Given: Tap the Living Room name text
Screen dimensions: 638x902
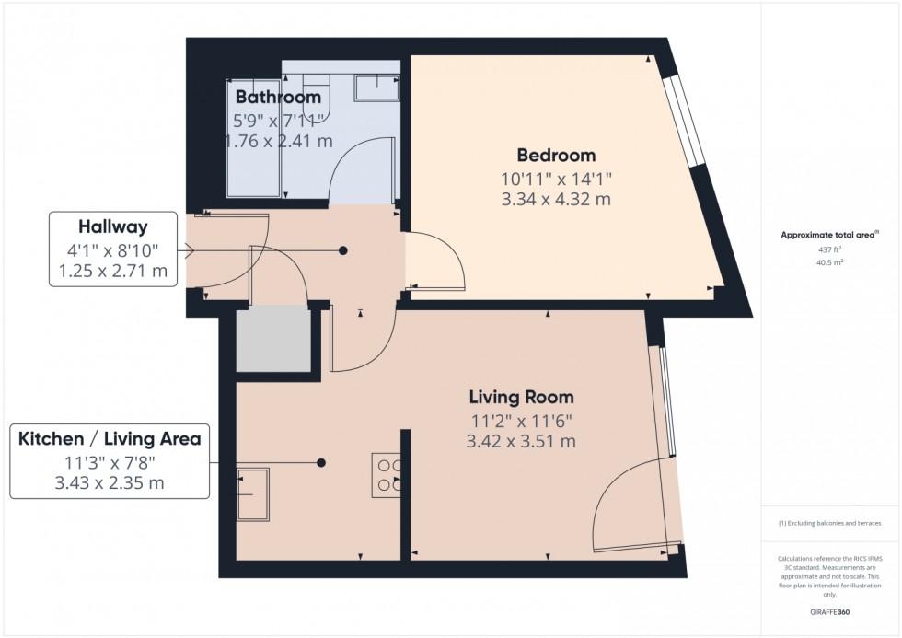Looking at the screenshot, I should click(x=521, y=398).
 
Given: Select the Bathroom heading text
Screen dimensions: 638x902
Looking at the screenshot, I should click(x=278, y=97).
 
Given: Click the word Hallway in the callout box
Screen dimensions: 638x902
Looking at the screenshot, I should click(x=112, y=225).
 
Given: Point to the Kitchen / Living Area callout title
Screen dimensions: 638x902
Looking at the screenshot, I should click(x=110, y=438).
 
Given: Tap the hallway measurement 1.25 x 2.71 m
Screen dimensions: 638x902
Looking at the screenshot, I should click(x=112, y=271).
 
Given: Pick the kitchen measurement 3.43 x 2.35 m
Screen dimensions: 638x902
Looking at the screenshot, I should click(x=110, y=483).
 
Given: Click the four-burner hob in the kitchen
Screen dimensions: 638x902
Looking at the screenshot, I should click(x=386, y=475).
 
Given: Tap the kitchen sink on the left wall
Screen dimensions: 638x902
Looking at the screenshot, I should click(x=252, y=487).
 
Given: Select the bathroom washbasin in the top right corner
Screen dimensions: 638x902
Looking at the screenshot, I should click(x=376, y=87).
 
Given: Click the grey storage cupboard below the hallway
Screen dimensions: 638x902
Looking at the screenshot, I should click(x=273, y=341).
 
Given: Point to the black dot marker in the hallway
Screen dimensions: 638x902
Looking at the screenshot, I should click(x=343, y=249).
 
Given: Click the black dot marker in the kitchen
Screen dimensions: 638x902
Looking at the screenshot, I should click(x=321, y=462).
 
